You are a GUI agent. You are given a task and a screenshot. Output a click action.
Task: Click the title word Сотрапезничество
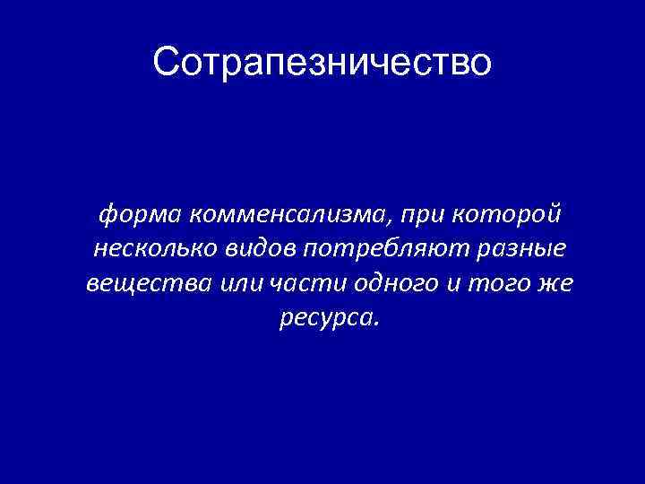(x=322, y=63)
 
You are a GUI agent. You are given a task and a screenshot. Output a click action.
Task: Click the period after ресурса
(x=377, y=324)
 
